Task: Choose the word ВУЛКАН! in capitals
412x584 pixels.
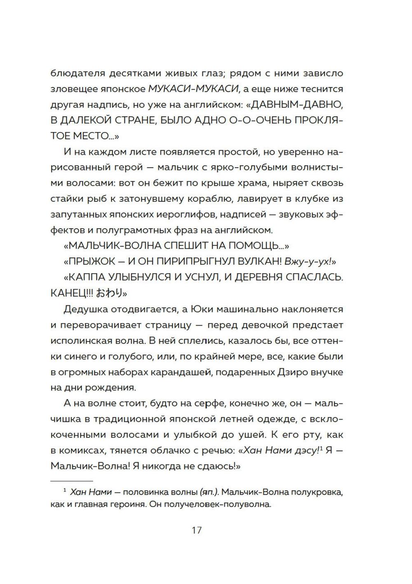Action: coord(246,261)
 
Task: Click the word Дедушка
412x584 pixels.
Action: coord(85,309)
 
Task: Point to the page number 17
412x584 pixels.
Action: coord(197,530)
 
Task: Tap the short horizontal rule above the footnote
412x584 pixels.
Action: coord(72,481)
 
